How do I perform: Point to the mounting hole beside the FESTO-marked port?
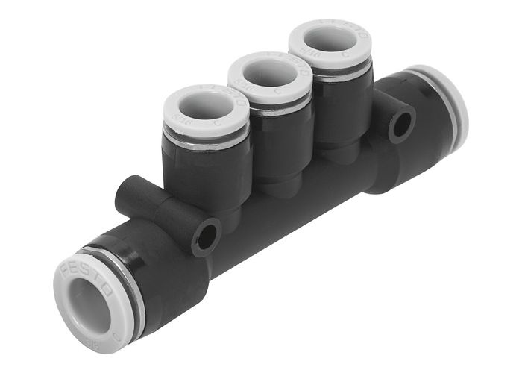[207, 236]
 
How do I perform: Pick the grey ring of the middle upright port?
[250, 86]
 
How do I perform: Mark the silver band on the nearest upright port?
[209, 145]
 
